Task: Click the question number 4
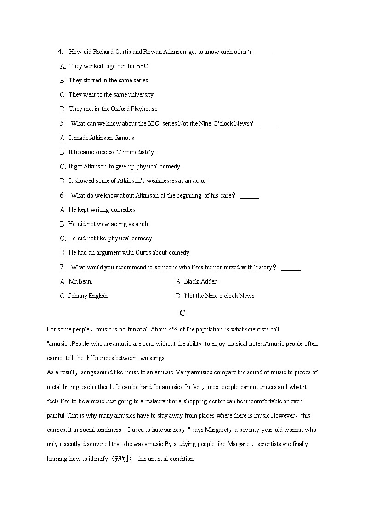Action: [60, 52]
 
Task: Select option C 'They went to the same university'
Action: [111, 95]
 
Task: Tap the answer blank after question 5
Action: [268, 124]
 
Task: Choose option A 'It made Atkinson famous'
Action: [102, 138]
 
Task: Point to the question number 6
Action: [62, 195]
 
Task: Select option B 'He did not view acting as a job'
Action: [108, 224]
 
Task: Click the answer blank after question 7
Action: [291, 267]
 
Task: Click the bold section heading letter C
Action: [182, 313]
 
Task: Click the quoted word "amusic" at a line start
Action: [58, 344]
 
